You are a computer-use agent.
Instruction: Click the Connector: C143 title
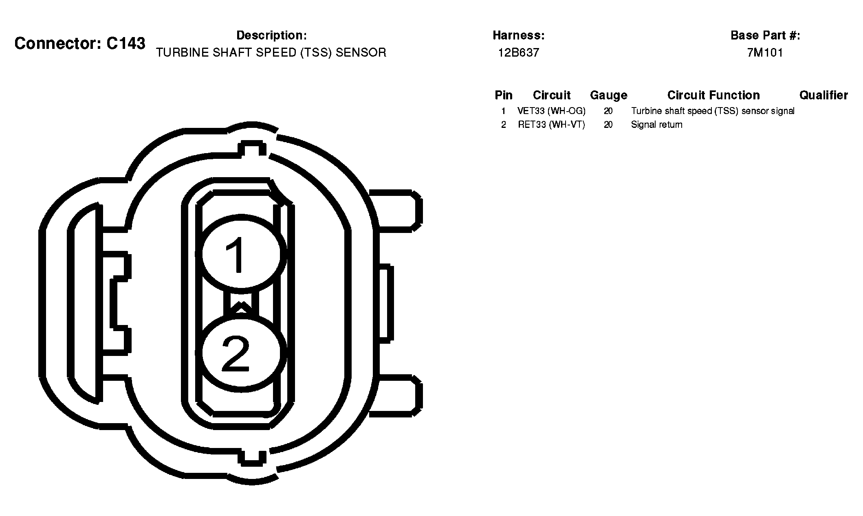pyautogui.click(x=80, y=43)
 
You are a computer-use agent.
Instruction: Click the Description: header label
pyautogui.click(x=271, y=35)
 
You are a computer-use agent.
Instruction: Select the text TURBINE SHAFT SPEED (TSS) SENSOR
pyautogui.click(x=271, y=53)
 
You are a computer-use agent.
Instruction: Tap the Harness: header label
pyautogui.click(x=519, y=35)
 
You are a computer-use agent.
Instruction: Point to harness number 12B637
pyautogui.click(x=519, y=53)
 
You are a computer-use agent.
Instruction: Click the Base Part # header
pyautogui.click(x=765, y=35)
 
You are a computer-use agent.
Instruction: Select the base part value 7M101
pyautogui.click(x=765, y=53)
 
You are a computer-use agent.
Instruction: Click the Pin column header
pyautogui.click(x=504, y=95)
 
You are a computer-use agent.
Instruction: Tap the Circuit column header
pyautogui.click(x=552, y=95)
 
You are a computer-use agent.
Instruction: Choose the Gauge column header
pyautogui.click(x=609, y=96)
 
